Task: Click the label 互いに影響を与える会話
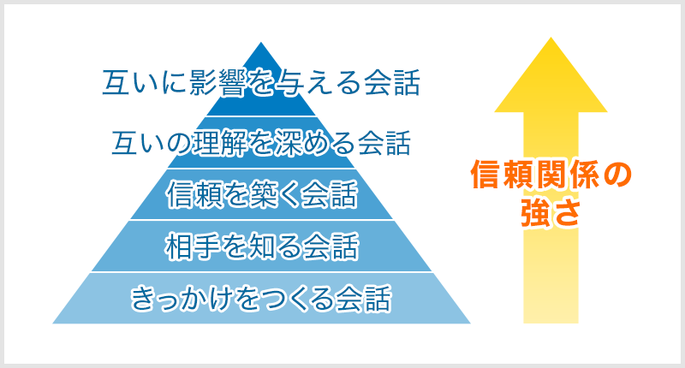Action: [261, 82]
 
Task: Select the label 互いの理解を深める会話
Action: [261, 143]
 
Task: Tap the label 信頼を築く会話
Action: [262, 194]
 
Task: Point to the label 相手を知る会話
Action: [262, 246]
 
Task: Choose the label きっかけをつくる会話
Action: [261, 299]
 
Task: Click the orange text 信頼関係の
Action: [551, 175]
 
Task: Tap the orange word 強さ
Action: [551, 212]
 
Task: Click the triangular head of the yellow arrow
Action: [551, 74]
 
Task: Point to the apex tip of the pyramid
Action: [261, 42]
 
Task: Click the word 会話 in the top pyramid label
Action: [392, 82]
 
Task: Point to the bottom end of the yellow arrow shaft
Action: [551, 323]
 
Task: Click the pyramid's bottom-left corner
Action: [52, 323]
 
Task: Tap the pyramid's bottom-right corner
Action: [470, 323]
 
